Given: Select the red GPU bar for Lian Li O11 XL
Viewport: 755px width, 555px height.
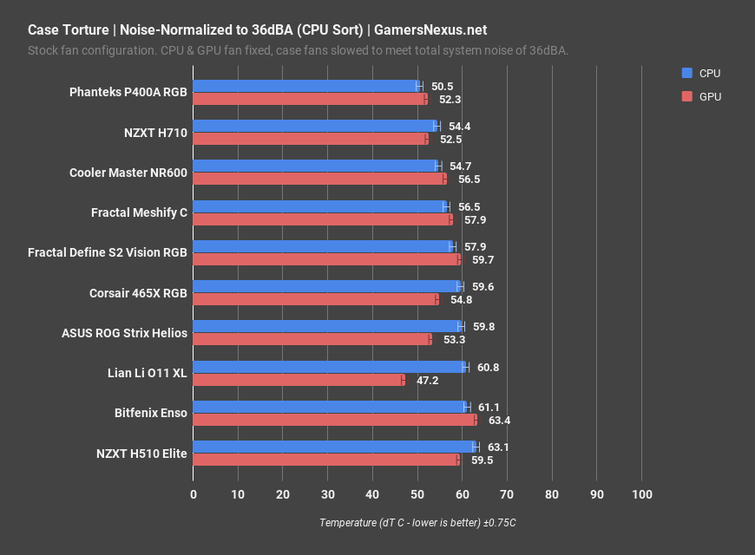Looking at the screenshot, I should click(299, 380).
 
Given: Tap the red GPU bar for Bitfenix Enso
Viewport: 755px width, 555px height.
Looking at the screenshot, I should click(334, 420).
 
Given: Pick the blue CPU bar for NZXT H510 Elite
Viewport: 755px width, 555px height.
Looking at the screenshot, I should click(334, 447).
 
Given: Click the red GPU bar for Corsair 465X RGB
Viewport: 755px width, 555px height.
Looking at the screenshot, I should click(315, 299).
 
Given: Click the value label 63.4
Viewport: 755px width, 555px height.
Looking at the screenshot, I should click(500, 420).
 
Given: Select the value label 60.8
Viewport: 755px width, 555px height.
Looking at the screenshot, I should click(489, 367).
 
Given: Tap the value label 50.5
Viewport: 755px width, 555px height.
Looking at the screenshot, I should click(443, 86).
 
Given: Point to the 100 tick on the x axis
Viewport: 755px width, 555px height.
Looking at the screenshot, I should click(641, 494).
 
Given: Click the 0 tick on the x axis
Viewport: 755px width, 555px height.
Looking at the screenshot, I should click(193, 494).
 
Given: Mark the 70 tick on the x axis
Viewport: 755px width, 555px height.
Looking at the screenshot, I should click(507, 494).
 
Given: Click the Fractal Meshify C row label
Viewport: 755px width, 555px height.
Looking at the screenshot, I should click(139, 212).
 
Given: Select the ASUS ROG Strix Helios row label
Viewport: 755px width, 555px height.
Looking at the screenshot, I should click(124, 333).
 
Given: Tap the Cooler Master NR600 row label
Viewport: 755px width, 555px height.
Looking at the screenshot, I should click(128, 173).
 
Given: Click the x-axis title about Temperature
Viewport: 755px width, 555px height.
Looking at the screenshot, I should click(417, 523).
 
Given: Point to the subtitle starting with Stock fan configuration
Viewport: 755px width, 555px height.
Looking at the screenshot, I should click(299, 50).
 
